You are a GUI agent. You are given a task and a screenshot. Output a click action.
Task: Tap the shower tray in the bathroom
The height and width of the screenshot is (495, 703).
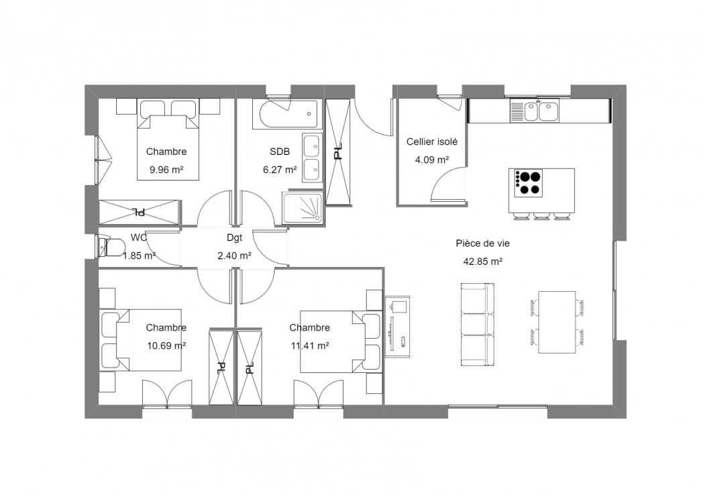(x=302, y=208)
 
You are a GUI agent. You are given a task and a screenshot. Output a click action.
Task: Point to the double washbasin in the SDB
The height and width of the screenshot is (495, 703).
(x=312, y=158)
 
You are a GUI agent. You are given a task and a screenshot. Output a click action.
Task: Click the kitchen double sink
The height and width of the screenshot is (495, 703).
(x=535, y=111)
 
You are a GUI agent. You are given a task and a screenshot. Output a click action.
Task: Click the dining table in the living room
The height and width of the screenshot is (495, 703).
(x=557, y=322)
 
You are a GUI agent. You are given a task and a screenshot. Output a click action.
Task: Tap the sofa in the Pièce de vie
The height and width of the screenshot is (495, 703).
(x=478, y=324)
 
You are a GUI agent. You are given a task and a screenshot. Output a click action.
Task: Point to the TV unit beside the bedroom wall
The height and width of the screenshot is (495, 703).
(x=397, y=327)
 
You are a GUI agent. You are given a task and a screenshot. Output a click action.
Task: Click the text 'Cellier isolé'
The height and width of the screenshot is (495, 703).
(x=432, y=142)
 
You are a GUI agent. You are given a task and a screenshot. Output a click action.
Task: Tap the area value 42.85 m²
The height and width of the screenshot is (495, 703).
(x=482, y=262)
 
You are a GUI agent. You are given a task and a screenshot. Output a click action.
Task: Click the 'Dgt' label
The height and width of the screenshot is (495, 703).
(x=235, y=237)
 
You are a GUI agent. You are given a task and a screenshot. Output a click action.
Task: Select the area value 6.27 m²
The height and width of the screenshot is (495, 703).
(x=280, y=170)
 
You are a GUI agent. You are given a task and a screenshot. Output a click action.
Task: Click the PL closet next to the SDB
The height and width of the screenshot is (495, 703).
(x=337, y=152)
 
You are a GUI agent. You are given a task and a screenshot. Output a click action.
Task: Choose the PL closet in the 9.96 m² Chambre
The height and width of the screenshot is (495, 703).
(x=140, y=212)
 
